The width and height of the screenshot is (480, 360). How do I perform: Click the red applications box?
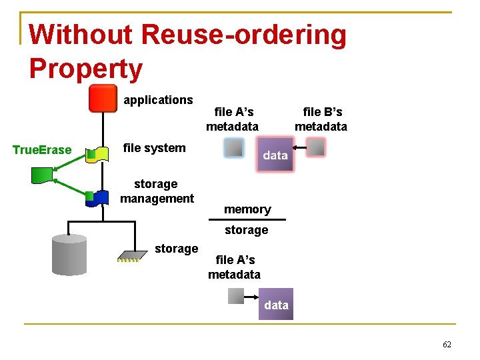coord(103,99)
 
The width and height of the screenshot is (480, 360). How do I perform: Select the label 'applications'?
coord(158,100)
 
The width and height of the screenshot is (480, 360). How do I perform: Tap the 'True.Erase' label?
coord(42,150)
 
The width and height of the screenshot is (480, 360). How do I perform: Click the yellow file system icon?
coord(99,154)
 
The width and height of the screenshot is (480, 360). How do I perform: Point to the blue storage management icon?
coord(99,197)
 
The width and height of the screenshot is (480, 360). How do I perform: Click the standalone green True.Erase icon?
coord(42,175)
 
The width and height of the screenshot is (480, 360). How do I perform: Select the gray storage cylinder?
coord(69,255)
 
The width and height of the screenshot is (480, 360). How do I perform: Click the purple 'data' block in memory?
coord(275,155)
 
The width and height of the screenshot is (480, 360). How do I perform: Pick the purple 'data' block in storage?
coord(275,305)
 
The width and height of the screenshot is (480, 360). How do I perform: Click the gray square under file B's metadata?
coord(316,147)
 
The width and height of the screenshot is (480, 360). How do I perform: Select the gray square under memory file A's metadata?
coord(233,147)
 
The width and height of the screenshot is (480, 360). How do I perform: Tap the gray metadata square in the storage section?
coord(237,295)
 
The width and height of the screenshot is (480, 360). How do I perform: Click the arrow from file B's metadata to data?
coord(299,147)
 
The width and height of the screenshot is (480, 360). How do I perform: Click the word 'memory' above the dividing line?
coord(247,209)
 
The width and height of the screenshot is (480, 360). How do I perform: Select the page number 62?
coord(447,345)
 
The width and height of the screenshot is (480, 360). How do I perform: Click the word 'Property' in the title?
coord(86,69)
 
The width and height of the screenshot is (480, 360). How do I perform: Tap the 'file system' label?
coord(155,148)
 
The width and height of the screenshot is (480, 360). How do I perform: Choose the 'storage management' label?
coord(157,191)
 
